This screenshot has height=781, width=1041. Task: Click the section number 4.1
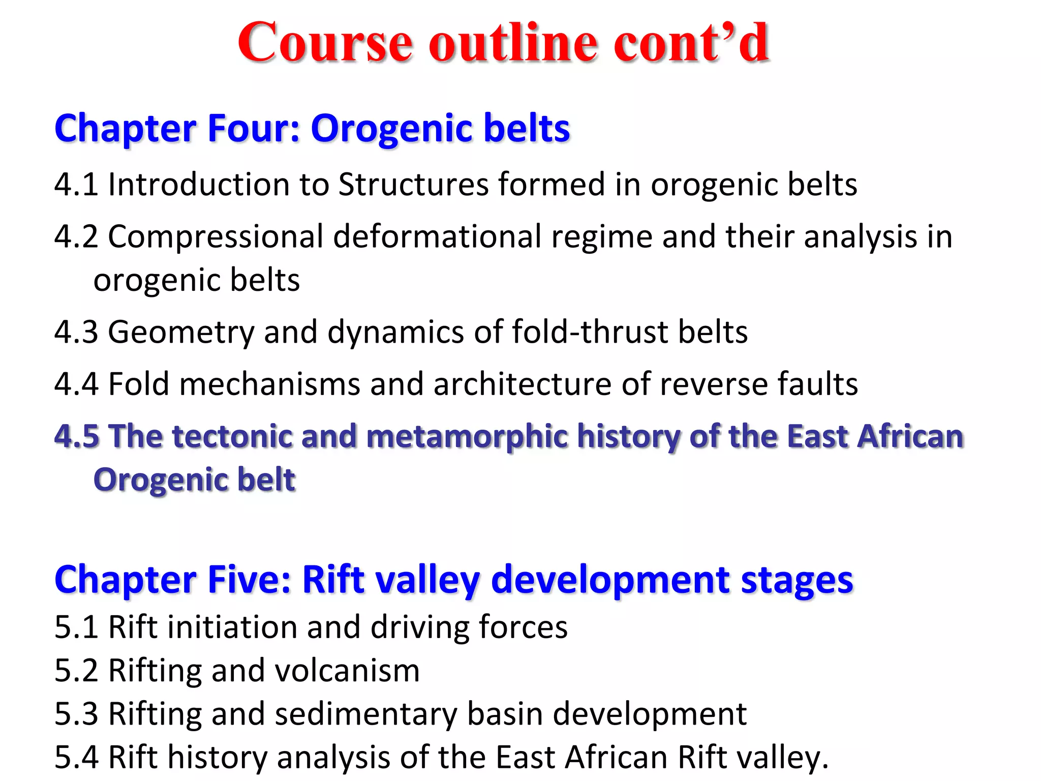click(x=76, y=184)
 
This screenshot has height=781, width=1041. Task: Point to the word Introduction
click(x=199, y=184)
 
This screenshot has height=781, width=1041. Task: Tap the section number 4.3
click(x=76, y=332)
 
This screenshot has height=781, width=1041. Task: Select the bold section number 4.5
click(x=77, y=436)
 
